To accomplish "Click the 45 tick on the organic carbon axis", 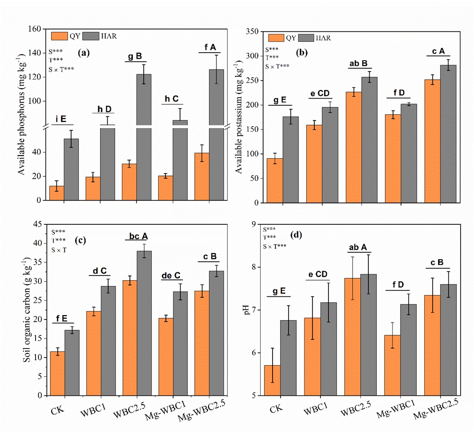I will [38, 224].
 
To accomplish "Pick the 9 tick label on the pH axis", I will [254, 224].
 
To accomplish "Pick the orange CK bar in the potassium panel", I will [274, 180].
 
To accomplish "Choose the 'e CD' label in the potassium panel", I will [320, 93].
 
